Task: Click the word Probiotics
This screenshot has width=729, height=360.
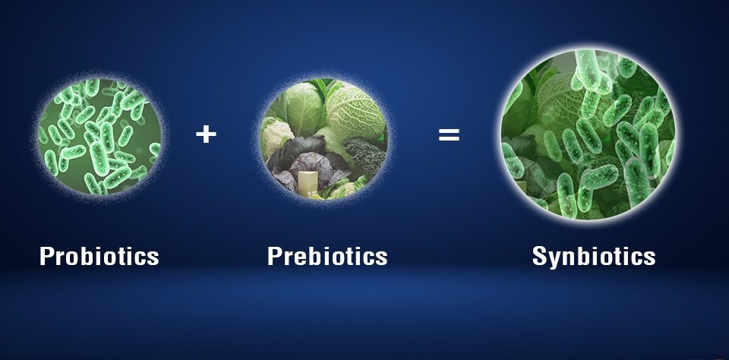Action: (x=99, y=256)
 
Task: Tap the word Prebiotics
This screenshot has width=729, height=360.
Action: (x=327, y=256)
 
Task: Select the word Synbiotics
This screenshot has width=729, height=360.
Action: (x=594, y=256)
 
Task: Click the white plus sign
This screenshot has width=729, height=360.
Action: (x=206, y=135)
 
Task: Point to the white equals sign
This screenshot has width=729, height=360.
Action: (x=449, y=135)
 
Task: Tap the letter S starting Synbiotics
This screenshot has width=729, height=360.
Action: (x=540, y=256)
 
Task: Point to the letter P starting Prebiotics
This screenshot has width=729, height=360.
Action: (x=275, y=256)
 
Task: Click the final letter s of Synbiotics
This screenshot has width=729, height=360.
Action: (x=649, y=257)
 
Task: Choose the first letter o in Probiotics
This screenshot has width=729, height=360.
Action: (x=74, y=257)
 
